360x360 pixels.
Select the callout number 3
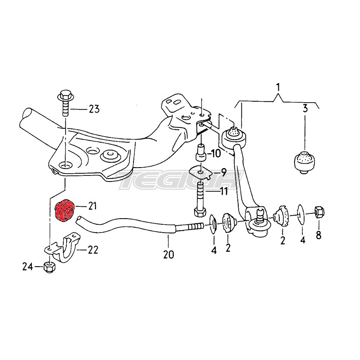tap(305, 109)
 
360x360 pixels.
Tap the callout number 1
tap(278, 87)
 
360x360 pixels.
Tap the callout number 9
tap(222, 171)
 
